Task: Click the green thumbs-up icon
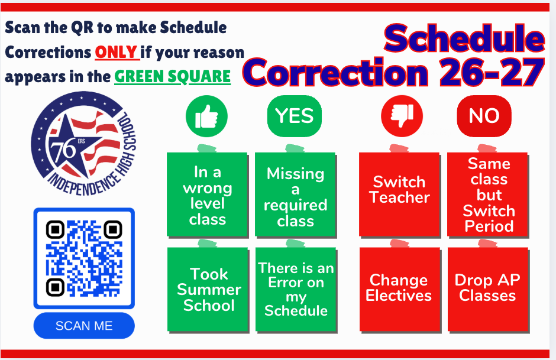207,116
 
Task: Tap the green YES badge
295,116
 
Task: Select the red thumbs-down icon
402,116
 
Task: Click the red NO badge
484,116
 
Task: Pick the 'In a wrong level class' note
208,194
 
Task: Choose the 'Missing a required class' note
295,194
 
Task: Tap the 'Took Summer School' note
208,290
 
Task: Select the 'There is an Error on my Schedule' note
296,290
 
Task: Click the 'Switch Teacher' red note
400,194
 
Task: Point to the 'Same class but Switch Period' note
488,194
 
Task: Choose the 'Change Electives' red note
400,290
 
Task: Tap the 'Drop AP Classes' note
488,290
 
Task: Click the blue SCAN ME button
84,326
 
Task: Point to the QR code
84,258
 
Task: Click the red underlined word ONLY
117,53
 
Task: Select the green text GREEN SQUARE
172,76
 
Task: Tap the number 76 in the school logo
63,150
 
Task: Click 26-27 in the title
492,72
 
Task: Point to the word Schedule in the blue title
464,38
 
